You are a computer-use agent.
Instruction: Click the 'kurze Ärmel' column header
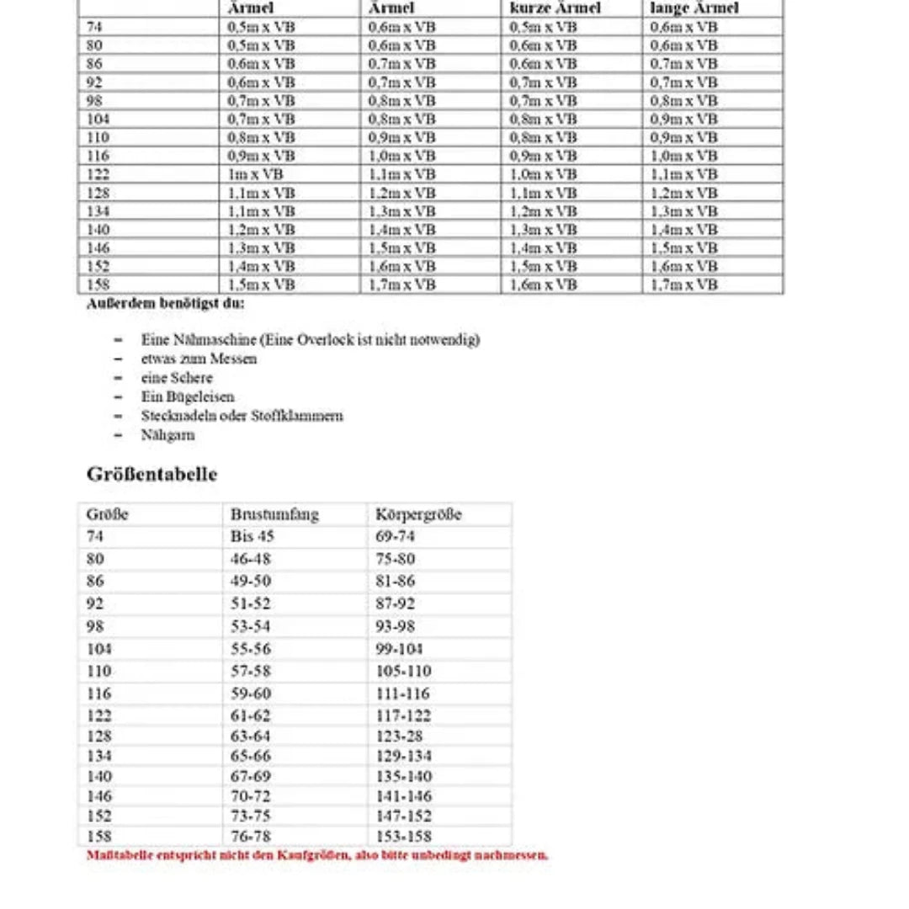tap(555, 8)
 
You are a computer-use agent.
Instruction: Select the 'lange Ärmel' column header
tap(694, 8)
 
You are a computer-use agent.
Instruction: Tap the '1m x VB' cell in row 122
tap(256, 174)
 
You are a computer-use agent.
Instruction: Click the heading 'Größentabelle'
tap(151, 474)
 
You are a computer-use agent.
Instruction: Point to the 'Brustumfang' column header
tap(274, 514)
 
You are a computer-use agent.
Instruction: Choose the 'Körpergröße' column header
tap(418, 514)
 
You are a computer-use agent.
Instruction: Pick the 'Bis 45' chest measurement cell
tap(252, 536)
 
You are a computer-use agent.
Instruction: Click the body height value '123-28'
tap(399, 736)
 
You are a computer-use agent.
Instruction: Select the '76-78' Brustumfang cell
tap(251, 836)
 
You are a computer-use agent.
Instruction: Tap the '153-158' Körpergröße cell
tap(403, 836)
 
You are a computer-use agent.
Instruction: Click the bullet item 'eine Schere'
tap(177, 378)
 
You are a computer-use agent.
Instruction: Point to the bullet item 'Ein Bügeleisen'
tap(188, 396)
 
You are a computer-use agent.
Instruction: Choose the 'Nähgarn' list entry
tap(167, 435)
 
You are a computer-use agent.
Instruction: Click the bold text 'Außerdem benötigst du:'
tap(166, 304)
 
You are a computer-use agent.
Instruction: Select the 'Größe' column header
tap(107, 514)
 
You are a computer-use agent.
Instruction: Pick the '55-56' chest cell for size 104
tap(251, 649)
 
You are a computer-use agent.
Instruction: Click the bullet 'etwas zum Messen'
tap(199, 359)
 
